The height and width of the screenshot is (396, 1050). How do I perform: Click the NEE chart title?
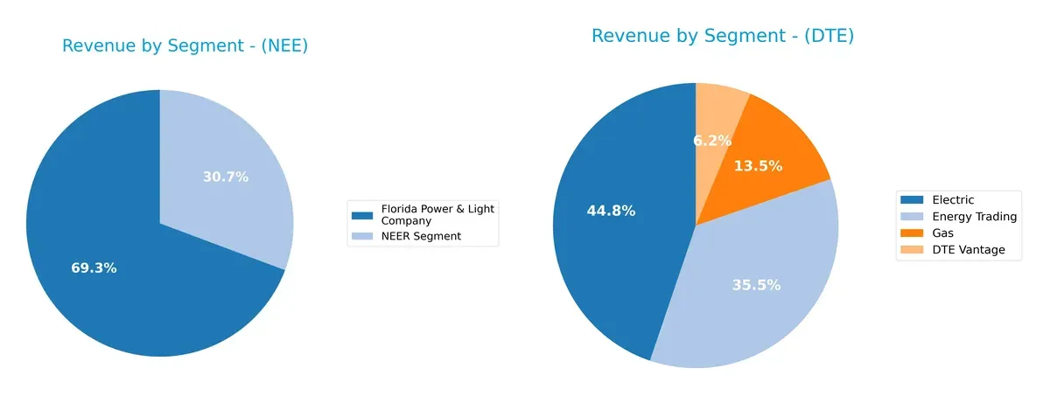pos(185,46)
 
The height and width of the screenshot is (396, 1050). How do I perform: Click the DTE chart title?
pos(722,36)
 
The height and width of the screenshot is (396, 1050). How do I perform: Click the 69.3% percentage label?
pos(94,268)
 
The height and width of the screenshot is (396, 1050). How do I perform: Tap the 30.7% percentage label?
pos(226,177)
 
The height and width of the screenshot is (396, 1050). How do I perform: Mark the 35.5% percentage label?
pos(757,285)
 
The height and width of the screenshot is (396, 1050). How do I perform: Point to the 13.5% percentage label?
pos(759,166)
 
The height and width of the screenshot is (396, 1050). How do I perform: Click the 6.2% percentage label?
pos(712,140)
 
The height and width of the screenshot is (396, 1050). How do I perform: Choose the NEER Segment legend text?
pos(420,236)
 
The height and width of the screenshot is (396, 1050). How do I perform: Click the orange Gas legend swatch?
pos(913,233)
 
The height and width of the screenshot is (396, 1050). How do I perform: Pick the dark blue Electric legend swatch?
pos(913,200)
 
